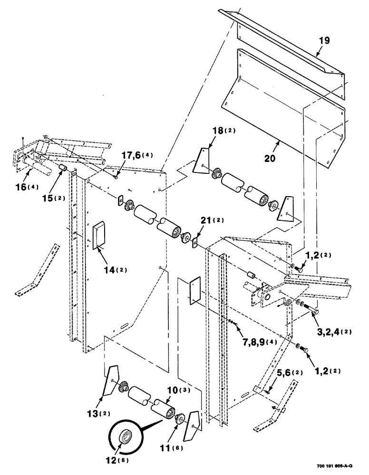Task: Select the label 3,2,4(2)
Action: point(332,331)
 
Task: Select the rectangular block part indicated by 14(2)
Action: point(99,235)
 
